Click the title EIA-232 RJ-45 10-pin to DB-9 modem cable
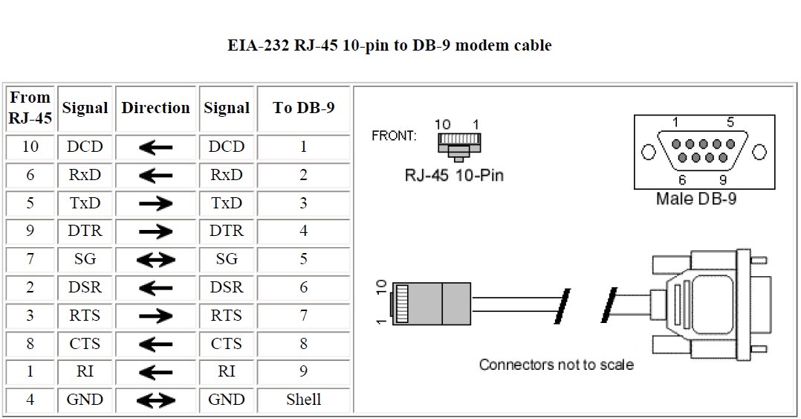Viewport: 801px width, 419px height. point(389,45)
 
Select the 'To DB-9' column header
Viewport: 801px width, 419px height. point(303,108)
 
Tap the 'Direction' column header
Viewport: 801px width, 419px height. point(156,108)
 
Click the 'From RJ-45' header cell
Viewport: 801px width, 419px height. point(30,108)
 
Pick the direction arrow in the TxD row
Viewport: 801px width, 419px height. point(156,204)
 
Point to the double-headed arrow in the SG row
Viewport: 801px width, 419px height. point(156,260)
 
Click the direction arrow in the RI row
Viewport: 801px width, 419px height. point(156,372)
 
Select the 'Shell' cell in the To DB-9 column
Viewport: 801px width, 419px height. point(303,400)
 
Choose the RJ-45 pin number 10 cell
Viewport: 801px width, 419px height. point(30,147)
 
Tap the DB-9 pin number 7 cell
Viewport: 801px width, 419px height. point(303,316)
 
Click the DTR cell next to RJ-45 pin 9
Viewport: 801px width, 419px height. point(85,231)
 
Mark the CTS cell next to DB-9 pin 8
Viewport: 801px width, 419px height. point(227,344)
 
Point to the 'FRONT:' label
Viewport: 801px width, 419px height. point(394,136)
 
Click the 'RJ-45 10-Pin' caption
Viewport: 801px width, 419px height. point(454,176)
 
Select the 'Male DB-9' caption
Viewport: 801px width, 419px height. point(696,199)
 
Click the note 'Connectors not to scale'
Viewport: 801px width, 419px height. point(556,365)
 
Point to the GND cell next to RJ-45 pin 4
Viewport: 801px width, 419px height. point(85,400)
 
